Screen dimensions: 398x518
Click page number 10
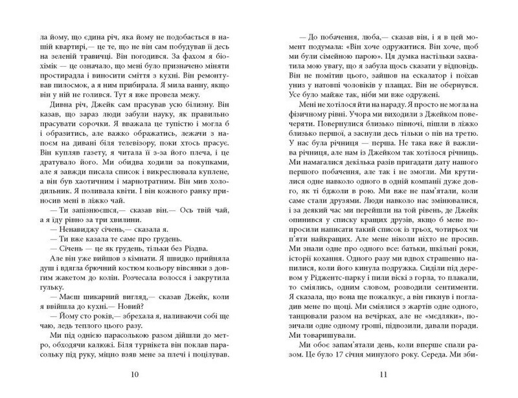pyautogui.click(x=133, y=375)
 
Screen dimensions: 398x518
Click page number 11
pyautogui.click(x=383, y=375)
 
